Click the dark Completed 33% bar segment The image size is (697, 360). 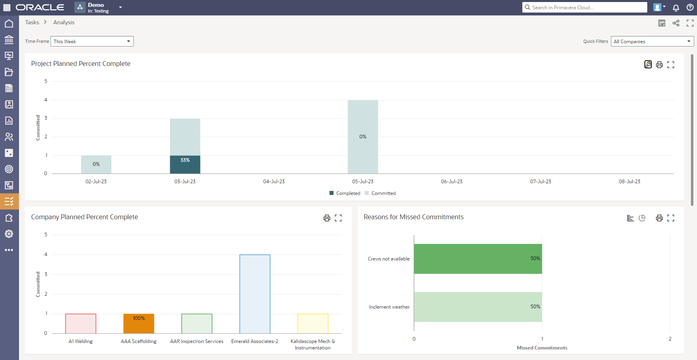coord(185,165)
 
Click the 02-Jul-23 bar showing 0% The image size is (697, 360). coord(96,165)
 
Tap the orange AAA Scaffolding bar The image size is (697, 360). coord(139,324)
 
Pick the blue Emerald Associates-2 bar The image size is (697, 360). coord(255,294)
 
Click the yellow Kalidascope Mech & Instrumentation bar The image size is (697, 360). coord(313,324)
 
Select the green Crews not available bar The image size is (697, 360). coord(477,259)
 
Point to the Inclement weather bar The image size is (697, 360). coord(477,307)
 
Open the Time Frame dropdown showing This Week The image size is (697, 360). coord(92,41)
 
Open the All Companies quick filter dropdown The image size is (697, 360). coord(652,41)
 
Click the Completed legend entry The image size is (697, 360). coord(345,193)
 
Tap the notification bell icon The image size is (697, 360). coord(676,8)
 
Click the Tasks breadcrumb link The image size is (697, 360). coord(32,22)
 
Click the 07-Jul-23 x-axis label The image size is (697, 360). coord(541,182)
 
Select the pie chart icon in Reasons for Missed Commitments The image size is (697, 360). coord(642,218)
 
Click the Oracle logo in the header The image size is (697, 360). coord(40,7)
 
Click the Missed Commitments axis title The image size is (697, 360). coord(542,348)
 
